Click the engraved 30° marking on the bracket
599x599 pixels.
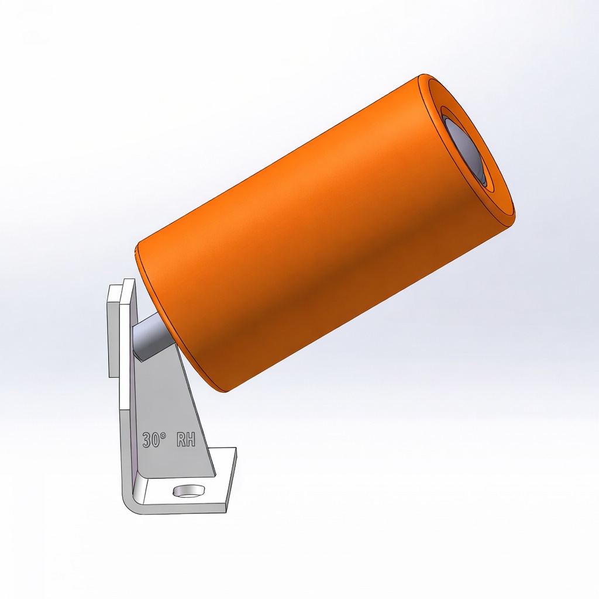point(154,440)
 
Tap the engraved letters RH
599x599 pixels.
point(185,440)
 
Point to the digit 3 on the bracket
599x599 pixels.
point(147,440)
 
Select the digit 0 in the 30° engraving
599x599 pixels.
point(156,440)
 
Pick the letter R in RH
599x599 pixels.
point(181,440)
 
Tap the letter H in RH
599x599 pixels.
point(191,440)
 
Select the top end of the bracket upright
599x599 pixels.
point(128,282)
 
